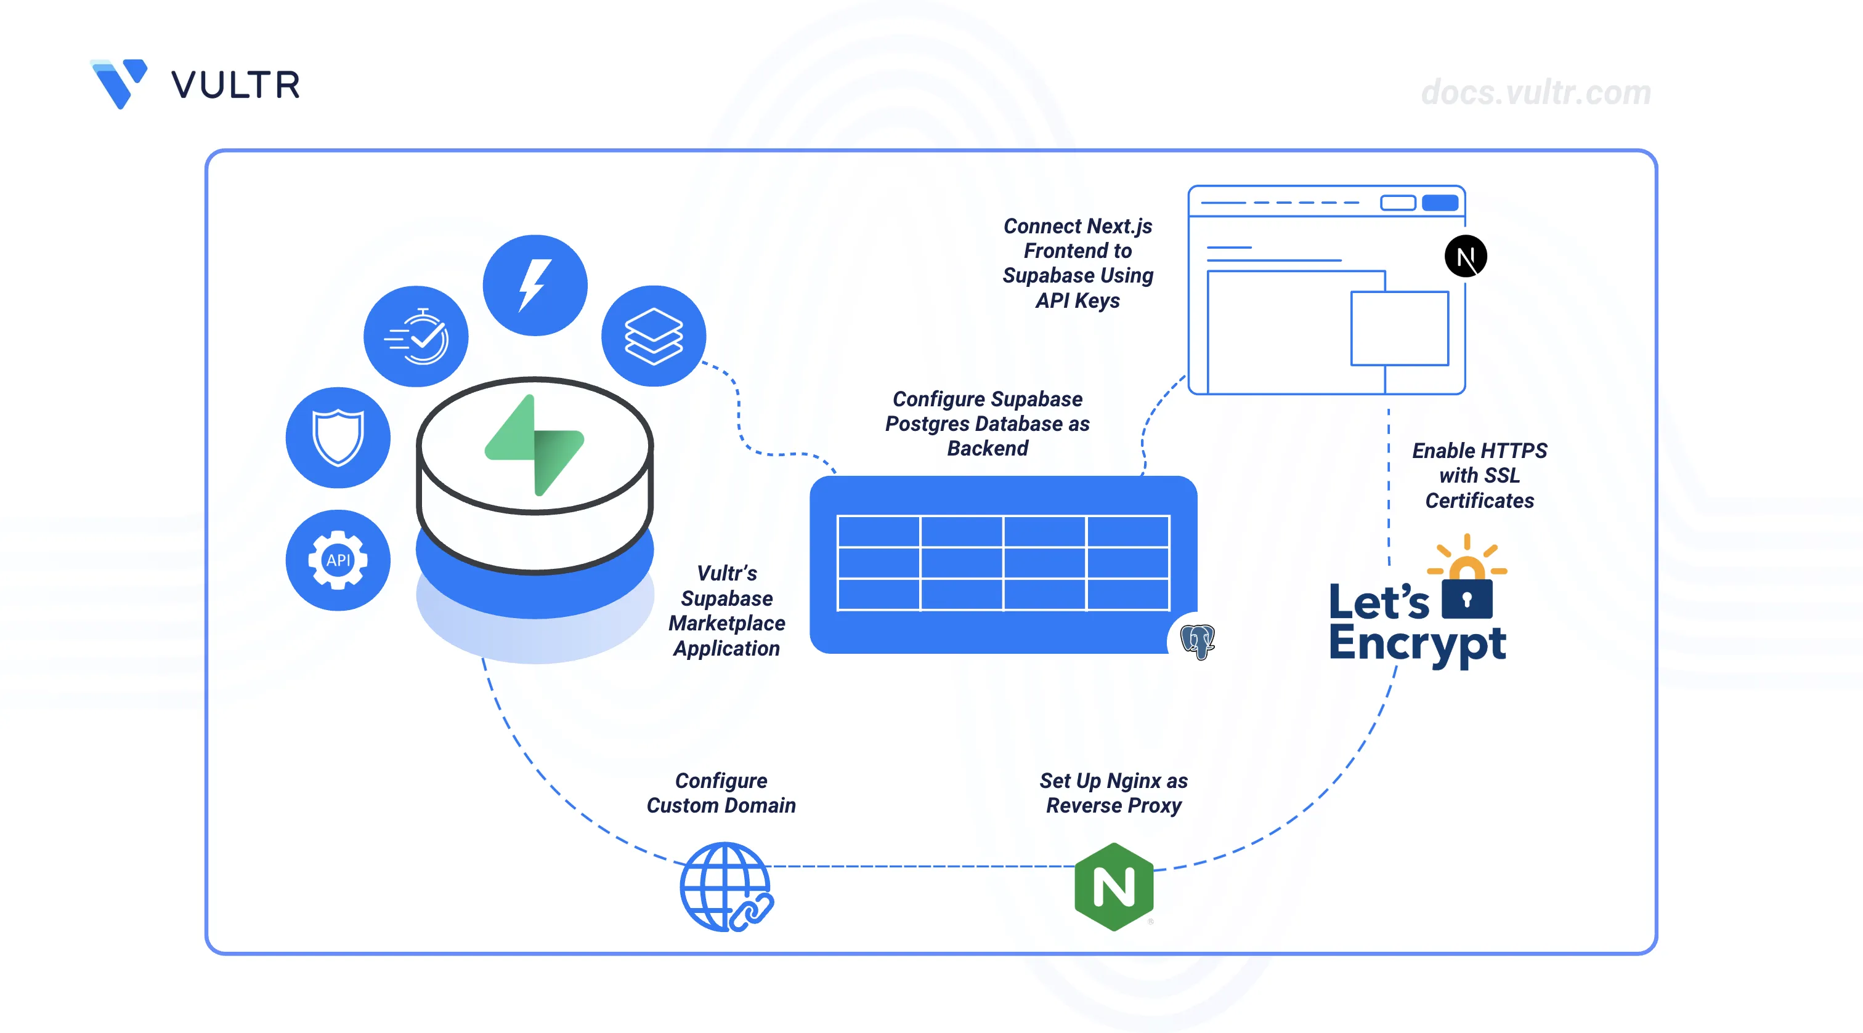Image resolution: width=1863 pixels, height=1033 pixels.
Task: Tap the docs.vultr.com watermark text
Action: click(1535, 92)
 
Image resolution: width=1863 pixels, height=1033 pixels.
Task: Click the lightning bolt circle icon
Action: click(535, 285)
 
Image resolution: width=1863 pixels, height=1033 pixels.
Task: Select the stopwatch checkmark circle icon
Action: click(416, 336)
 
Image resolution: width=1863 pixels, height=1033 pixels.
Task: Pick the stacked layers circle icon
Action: click(653, 336)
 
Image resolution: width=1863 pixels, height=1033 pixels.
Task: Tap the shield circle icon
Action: click(338, 437)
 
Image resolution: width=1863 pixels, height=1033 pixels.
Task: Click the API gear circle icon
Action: click(338, 560)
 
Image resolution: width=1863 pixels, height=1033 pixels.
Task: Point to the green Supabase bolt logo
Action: click(535, 444)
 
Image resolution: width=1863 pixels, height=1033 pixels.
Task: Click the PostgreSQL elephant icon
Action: click(1197, 640)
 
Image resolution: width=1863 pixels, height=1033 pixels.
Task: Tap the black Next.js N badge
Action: click(1465, 257)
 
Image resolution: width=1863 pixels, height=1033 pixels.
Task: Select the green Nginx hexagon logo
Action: click(1114, 886)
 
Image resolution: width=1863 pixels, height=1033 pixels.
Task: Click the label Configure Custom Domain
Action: click(721, 792)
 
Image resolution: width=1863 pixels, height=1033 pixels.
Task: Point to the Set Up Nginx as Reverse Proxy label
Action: click(1114, 792)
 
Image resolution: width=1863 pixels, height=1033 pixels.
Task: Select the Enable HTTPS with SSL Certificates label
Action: click(1479, 475)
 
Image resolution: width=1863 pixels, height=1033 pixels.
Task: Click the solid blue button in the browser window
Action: click(1440, 203)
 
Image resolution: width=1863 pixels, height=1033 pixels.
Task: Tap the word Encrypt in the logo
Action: click(1418, 644)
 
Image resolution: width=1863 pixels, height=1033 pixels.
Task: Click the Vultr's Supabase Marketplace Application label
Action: click(727, 610)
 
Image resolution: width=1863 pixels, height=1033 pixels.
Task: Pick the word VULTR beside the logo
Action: click(236, 86)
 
